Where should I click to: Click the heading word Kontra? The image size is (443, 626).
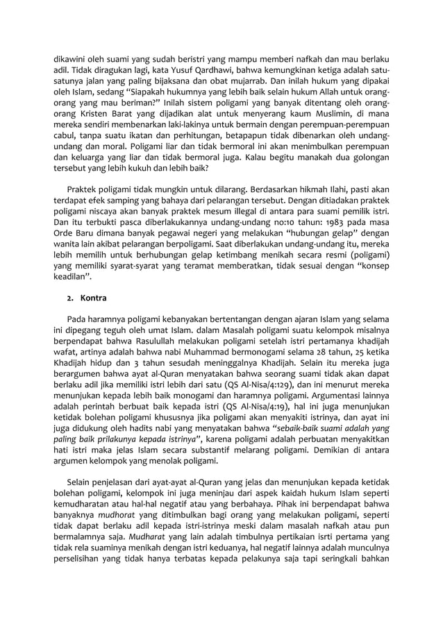tap(94, 298)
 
